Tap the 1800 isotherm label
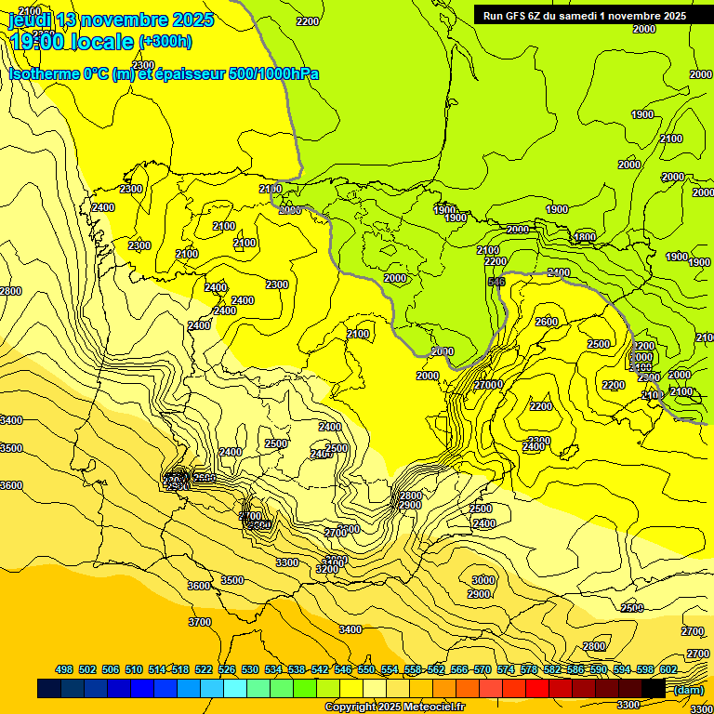(x=584, y=237)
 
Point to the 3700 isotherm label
(x=199, y=622)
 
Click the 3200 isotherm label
(x=326, y=568)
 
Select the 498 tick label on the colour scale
(x=64, y=669)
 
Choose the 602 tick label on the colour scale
(x=668, y=669)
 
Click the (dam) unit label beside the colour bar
(x=688, y=689)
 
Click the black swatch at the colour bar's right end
(x=654, y=689)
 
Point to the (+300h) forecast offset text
(x=165, y=42)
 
